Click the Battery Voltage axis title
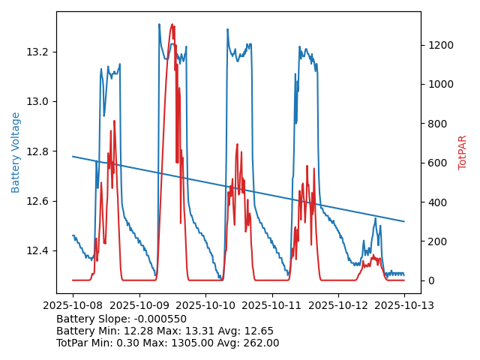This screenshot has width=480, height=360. (x=16, y=152)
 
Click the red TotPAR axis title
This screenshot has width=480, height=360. (x=463, y=152)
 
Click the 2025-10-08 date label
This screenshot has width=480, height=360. (x=73, y=305)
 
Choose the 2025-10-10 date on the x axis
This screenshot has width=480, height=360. (x=205, y=305)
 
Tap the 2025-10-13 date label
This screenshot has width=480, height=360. (x=404, y=305)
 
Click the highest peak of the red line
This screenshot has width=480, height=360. (x=172, y=25)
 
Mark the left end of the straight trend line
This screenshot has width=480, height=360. (x=73, y=156)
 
